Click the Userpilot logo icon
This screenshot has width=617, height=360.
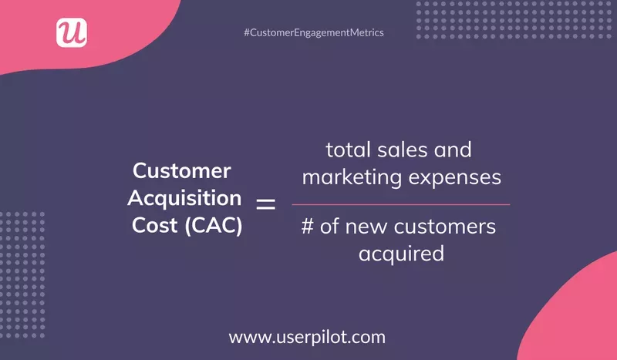click(x=71, y=32)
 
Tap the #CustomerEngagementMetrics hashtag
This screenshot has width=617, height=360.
click(x=313, y=33)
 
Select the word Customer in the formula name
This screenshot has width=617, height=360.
click(x=183, y=170)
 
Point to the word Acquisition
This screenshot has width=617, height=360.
click(x=184, y=198)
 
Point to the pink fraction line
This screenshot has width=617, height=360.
click(x=401, y=204)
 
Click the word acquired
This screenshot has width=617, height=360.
click(x=401, y=254)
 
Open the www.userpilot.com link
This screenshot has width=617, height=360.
click(x=307, y=338)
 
